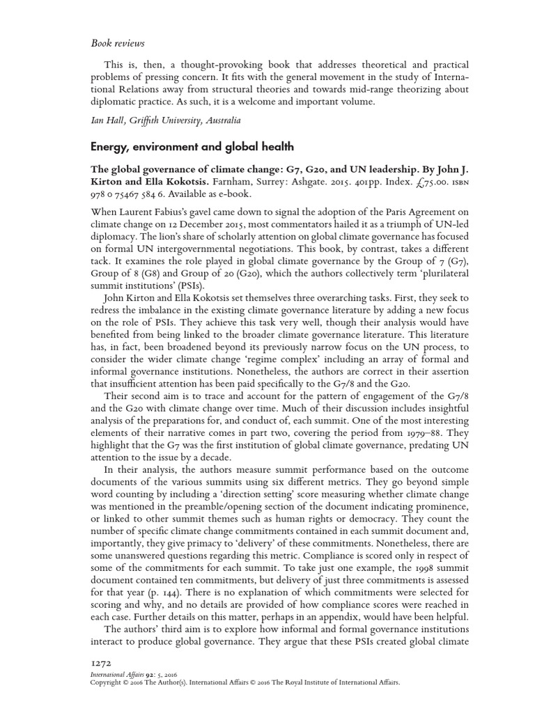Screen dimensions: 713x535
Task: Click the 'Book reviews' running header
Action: coord(117,43)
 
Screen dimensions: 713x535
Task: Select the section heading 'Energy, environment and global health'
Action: coord(192,146)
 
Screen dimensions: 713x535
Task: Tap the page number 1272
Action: coord(102,664)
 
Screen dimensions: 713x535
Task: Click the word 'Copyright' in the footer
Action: coord(108,682)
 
